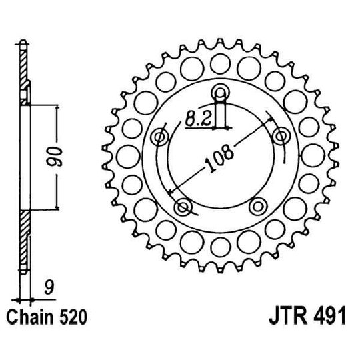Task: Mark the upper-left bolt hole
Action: point(161,137)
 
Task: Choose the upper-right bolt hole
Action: point(279,136)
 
